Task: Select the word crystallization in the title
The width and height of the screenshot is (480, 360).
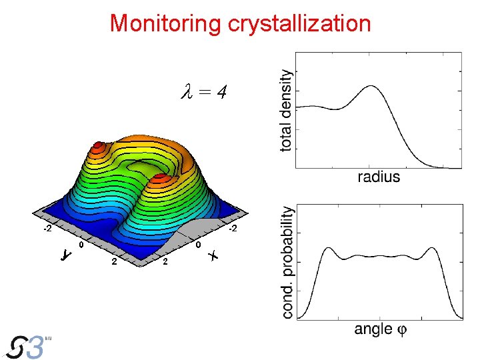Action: pyautogui.click(x=299, y=23)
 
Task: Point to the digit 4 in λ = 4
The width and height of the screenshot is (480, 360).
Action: pyautogui.click(x=221, y=93)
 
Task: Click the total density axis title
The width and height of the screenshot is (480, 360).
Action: pyautogui.click(x=286, y=110)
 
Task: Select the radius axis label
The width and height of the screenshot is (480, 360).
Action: pyautogui.click(x=379, y=177)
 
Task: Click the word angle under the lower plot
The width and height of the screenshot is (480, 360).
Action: pyautogui.click(x=372, y=329)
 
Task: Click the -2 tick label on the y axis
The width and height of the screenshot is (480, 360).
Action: pyautogui.click(x=47, y=229)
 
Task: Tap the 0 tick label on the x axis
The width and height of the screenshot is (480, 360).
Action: pyautogui.click(x=199, y=245)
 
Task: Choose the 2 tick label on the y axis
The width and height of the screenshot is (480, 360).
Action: pyautogui.click(x=114, y=261)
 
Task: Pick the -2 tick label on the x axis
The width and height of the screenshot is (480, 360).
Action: pyautogui.click(x=233, y=229)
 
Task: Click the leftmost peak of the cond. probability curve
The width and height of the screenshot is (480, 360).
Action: pyautogui.click(x=327, y=248)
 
